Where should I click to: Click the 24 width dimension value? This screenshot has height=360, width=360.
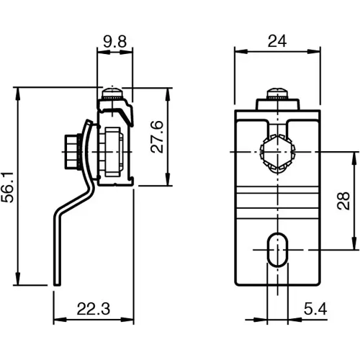[x=277, y=42]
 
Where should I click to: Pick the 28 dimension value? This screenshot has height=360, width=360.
[x=343, y=201]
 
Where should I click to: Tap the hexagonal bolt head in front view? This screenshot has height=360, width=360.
[x=277, y=153]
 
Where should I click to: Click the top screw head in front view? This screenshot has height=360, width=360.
[x=277, y=92]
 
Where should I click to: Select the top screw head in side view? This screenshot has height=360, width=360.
[x=112, y=92]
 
